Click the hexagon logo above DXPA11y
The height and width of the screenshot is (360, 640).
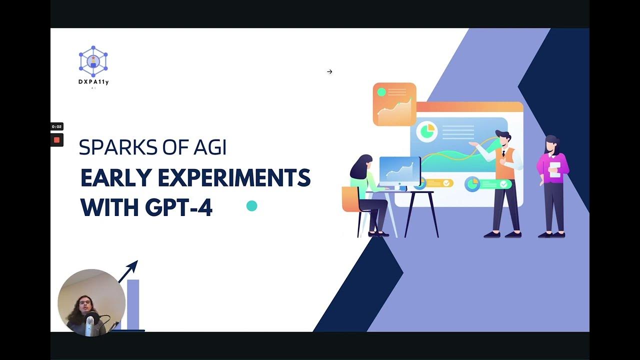point(93,61)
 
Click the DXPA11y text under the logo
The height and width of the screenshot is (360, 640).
point(93,82)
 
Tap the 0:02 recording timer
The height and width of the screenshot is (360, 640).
point(56,127)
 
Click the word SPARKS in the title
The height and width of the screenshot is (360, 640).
point(110,147)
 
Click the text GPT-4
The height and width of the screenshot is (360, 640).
point(178,207)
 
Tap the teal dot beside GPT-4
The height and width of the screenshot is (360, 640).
point(252,206)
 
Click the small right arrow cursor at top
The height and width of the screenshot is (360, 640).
point(329,71)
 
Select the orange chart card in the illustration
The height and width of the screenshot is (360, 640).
point(394,104)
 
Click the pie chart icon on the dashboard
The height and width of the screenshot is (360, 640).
point(427,131)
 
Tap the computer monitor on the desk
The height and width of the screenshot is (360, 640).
point(399,171)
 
